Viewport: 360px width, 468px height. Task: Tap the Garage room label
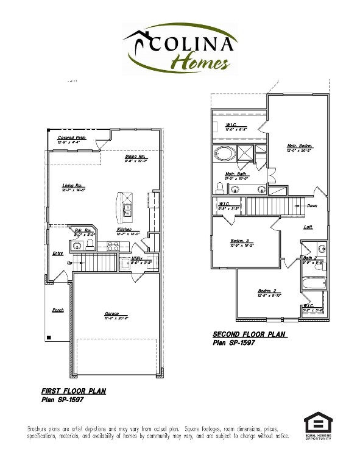click(112, 312)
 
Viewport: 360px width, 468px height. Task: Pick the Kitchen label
click(125, 229)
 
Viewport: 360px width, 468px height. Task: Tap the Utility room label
click(137, 258)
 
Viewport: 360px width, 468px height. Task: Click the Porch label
click(58, 310)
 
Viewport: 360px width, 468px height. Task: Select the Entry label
click(58, 253)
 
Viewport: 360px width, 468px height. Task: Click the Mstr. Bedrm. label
click(300, 145)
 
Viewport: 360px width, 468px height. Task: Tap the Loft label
click(308, 227)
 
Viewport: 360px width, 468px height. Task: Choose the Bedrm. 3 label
click(240, 240)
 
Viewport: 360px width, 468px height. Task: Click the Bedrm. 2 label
click(267, 291)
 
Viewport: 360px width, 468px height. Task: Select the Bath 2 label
click(310, 258)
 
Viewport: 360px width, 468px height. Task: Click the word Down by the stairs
click(312, 205)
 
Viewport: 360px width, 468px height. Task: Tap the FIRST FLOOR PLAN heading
click(73, 391)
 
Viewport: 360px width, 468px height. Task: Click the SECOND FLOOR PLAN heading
click(250, 335)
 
